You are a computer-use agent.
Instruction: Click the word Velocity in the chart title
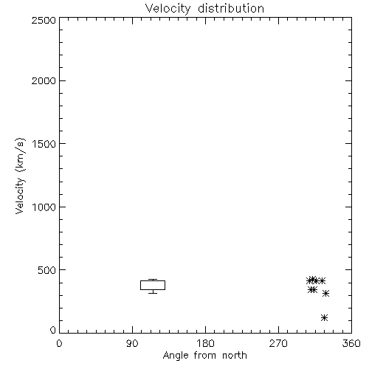pyautogui.click(x=168, y=9)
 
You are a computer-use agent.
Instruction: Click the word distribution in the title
pyautogui.click(x=231, y=8)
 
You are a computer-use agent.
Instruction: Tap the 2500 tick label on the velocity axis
pyautogui.click(x=44, y=20)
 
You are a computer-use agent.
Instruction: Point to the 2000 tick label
pyautogui.click(x=44, y=80)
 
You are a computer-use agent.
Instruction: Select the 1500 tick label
pyautogui.click(x=44, y=144)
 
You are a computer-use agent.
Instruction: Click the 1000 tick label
pyautogui.click(x=44, y=207)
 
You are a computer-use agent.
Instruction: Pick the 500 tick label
pyautogui.click(x=46, y=270)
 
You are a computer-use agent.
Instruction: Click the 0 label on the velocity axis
pyautogui.click(x=53, y=330)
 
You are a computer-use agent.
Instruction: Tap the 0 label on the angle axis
pyautogui.click(x=59, y=343)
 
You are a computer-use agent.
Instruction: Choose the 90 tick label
pyautogui.click(x=132, y=343)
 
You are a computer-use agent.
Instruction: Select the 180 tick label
pyautogui.click(x=205, y=343)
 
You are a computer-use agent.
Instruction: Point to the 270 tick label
pyautogui.click(x=278, y=343)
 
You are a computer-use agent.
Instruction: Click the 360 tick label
pyautogui.click(x=351, y=343)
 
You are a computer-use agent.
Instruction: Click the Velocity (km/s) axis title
pyautogui.click(x=20, y=176)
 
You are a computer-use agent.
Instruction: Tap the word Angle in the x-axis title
pyautogui.click(x=176, y=356)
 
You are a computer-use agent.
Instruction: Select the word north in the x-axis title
pyautogui.click(x=235, y=355)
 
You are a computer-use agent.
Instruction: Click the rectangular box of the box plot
pyautogui.click(x=153, y=280)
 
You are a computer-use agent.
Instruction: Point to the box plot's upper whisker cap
pyautogui.click(x=153, y=280)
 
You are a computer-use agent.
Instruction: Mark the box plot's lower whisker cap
pyautogui.click(x=153, y=293)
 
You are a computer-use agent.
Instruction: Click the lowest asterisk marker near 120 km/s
pyautogui.click(x=325, y=317)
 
